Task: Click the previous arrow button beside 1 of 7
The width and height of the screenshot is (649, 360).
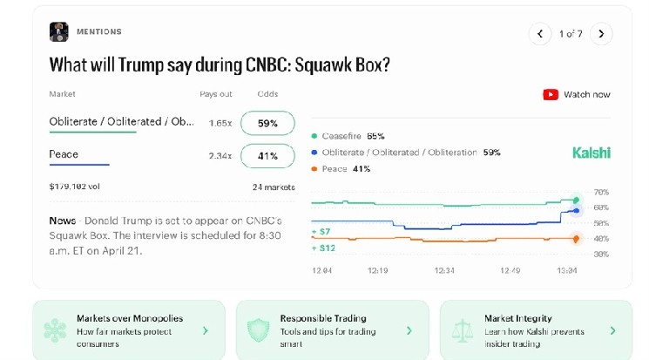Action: [x=540, y=34]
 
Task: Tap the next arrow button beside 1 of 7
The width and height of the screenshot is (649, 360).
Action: [x=601, y=34]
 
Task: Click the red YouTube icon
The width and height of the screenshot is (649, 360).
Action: [x=551, y=94]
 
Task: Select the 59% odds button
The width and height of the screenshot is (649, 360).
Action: [x=267, y=123]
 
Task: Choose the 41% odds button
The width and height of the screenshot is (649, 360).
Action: [x=267, y=156]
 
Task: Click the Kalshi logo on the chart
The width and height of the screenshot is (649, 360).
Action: [x=592, y=153]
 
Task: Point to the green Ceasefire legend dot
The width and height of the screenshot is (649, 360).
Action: [x=314, y=137]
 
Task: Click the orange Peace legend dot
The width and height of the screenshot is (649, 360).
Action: [x=314, y=169]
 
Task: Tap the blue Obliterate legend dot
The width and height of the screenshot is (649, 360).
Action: [x=314, y=153]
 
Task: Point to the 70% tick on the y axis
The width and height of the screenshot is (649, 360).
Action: [x=600, y=192]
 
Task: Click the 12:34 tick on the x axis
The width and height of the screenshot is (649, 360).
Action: [x=445, y=270]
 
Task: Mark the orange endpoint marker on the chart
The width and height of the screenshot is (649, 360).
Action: [x=576, y=238]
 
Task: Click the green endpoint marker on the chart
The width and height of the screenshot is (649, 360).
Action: [x=576, y=200]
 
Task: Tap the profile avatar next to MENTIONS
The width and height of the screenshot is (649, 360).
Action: [x=58, y=32]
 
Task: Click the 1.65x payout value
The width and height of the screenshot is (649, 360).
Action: [x=220, y=123]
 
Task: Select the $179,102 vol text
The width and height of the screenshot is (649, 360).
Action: [x=75, y=186]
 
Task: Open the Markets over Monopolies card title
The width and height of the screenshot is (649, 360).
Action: [x=130, y=318]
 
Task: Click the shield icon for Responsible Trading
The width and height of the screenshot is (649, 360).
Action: [x=258, y=330]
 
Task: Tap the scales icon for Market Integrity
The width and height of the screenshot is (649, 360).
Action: [x=462, y=330]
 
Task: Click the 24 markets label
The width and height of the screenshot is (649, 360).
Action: [x=274, y=187]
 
